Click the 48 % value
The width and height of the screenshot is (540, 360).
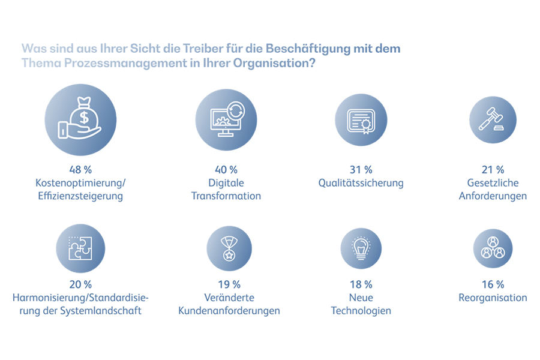tap(80, 170)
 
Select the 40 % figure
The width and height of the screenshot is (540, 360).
tap(226, 170)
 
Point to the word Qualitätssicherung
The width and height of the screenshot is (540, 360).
tap(361, 183)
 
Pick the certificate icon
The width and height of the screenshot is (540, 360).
tap(361, 120)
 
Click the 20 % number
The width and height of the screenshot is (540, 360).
tap(80, 284)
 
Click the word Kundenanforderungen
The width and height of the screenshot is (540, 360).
tap(229, 311)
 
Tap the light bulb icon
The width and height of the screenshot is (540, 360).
tap(361, 247)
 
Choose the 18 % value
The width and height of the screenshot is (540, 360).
tap(361, 284)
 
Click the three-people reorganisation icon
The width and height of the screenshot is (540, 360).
tap(493, 247)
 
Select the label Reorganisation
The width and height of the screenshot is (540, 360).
tap(493, 298)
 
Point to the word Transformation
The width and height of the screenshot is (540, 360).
tap(226, 196)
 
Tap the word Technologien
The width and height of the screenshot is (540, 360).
tap(361, 311)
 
